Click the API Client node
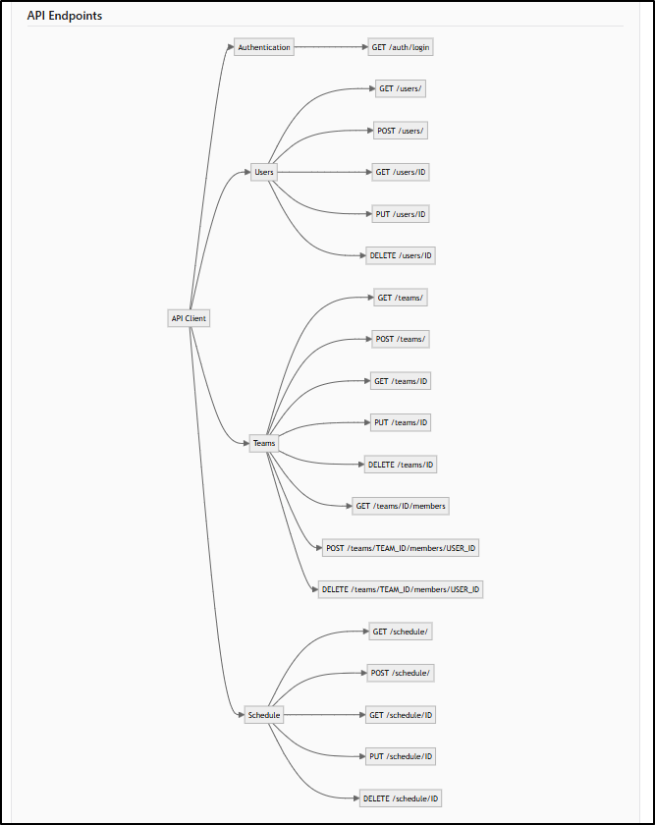tap(189, 318)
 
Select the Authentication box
tap(264, 47)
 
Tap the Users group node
tap(264, 172)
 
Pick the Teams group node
tap(264, 443)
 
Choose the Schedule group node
tap(264, 715)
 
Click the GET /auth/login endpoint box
tap(401, 47)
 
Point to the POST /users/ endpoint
tap(401, 131)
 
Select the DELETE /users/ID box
tap(401, 255)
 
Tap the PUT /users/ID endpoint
tap(401, 214)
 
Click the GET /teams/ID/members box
tap(401, 506)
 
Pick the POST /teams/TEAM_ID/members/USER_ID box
tap(401, 548)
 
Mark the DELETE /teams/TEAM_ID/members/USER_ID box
tap(401, 589)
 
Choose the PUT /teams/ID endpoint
tap(401, 422)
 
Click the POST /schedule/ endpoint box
tap(401, 673)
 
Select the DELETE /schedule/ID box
tap(401, 798)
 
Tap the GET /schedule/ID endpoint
tap(401, 715)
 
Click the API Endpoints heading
tap(65, 16)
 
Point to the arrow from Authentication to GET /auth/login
tap(331, 47)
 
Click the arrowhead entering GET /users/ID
tap(369, 172)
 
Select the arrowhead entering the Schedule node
tap(241, 715)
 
